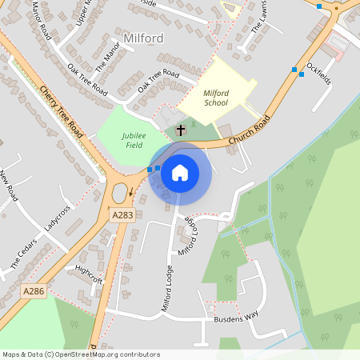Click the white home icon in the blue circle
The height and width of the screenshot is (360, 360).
(x=180, y=172)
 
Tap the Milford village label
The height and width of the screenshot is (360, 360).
(x=144, y=38)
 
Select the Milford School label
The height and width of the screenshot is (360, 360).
(x=215, y=98)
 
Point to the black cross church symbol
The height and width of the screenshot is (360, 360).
(x=181, y=129)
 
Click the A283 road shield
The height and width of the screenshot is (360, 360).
(x=122, y=215)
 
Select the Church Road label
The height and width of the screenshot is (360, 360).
(x=249, y=129)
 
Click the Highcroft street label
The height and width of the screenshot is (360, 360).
(x=89, y=274)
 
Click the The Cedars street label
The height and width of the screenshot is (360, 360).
(x=24, y=253)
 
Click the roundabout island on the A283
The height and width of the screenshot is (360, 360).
(x=121, y=192)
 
